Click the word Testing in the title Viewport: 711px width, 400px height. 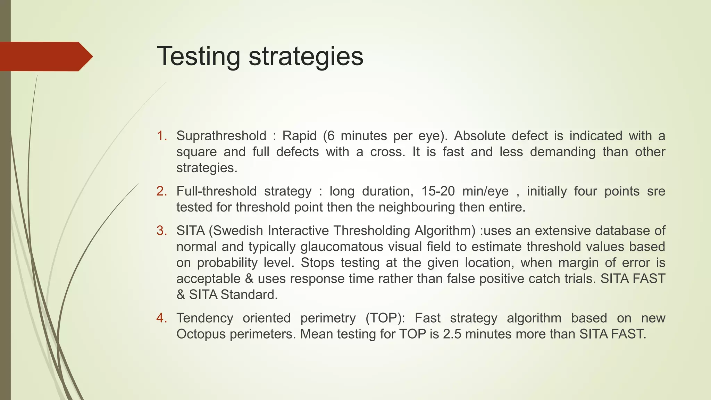point(198,56)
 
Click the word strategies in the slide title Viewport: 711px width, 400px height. point(306,56)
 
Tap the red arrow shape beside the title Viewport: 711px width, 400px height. point(45,56)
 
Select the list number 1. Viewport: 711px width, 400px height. point(161,136)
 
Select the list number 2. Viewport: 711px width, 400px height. point(161,191)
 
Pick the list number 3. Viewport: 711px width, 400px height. point(161,231)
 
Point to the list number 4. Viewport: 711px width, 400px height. point(161,318)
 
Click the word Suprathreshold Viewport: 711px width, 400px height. point(221,136)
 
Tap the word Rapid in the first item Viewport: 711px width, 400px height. point(299,136)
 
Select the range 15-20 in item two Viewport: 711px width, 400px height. point(438,191)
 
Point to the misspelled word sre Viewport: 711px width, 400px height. point(656,191)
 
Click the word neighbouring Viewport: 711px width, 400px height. point(417,207)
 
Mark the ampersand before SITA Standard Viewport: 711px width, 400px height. point(181,295)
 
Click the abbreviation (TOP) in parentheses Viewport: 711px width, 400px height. point(385,318)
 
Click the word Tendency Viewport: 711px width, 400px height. point(204,318)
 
